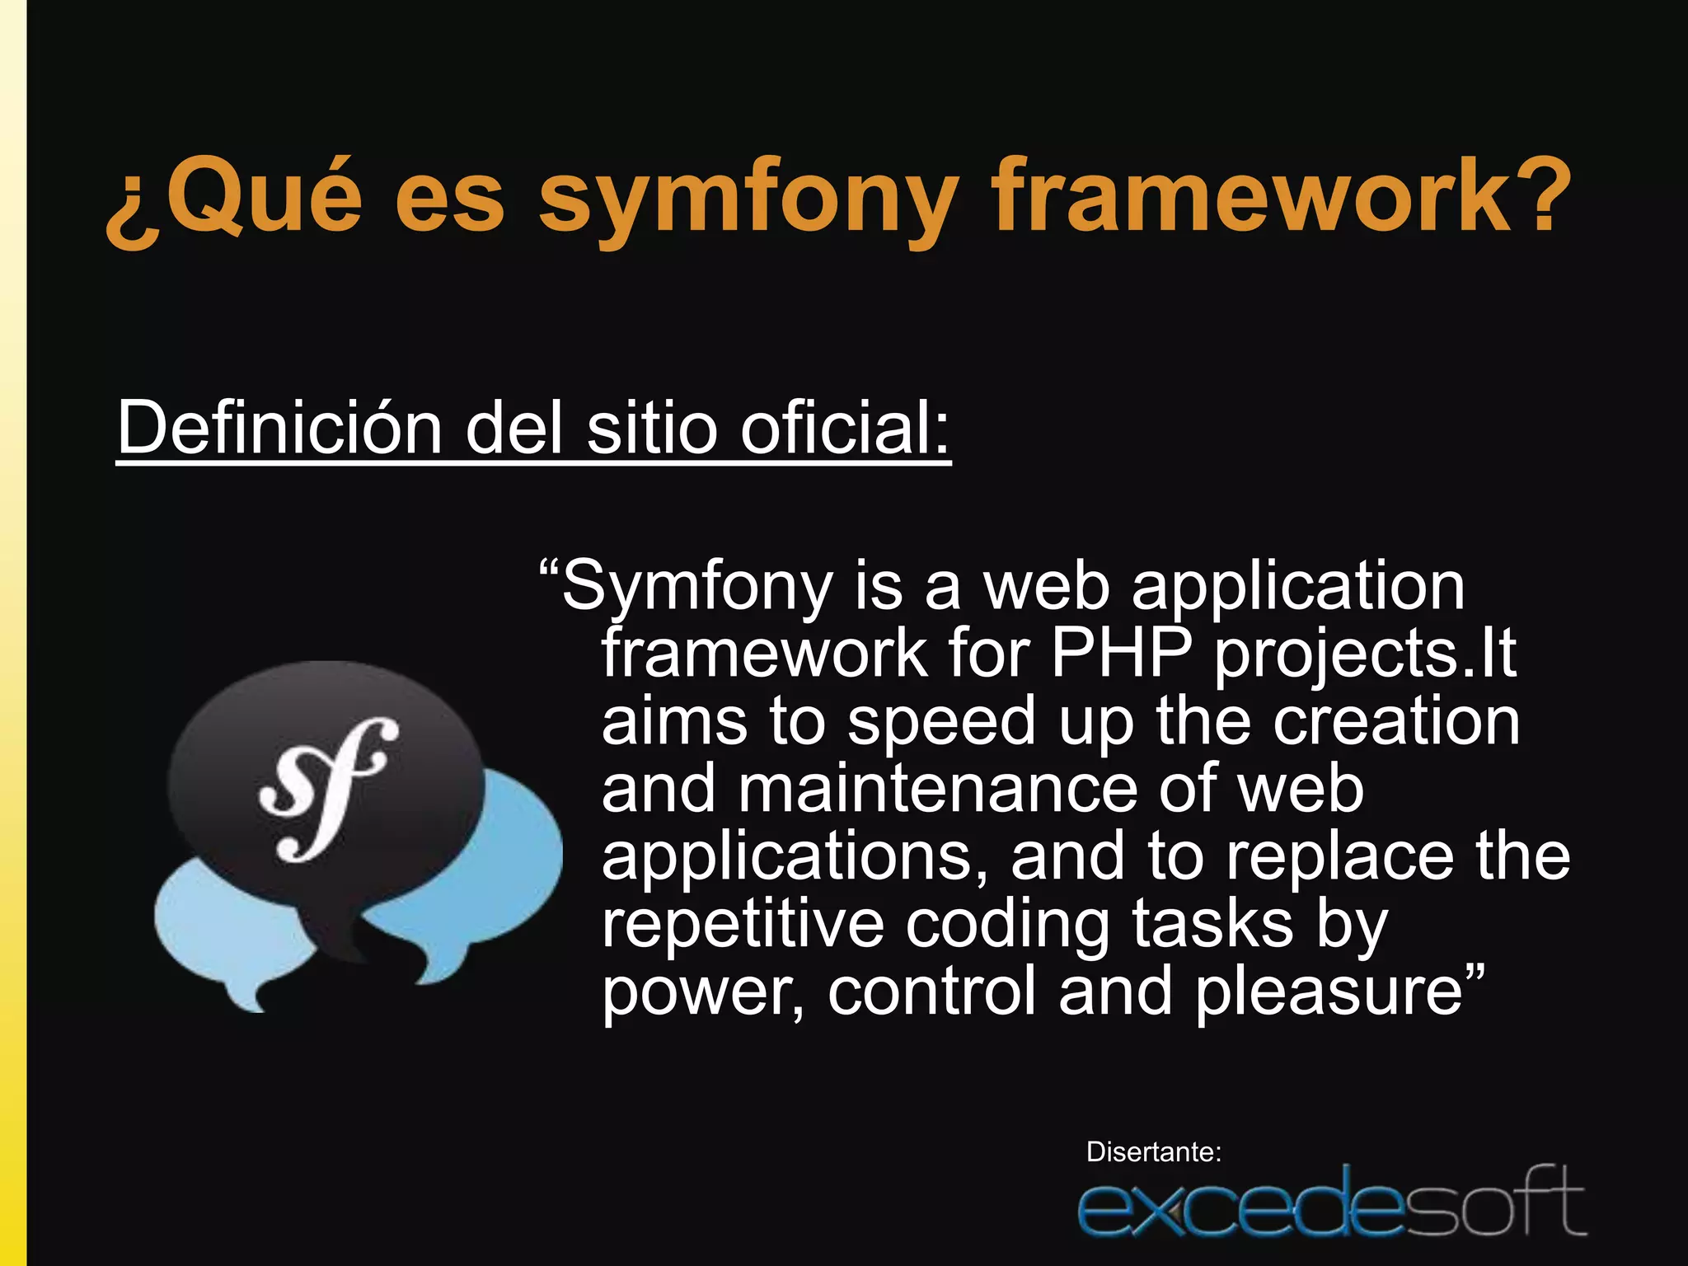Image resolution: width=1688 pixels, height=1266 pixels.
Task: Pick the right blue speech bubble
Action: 519,874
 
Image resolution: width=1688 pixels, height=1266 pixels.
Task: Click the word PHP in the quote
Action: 1121,653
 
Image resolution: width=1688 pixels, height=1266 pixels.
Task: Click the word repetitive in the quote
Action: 743,924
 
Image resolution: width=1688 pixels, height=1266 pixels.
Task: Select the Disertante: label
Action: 1153,1151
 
